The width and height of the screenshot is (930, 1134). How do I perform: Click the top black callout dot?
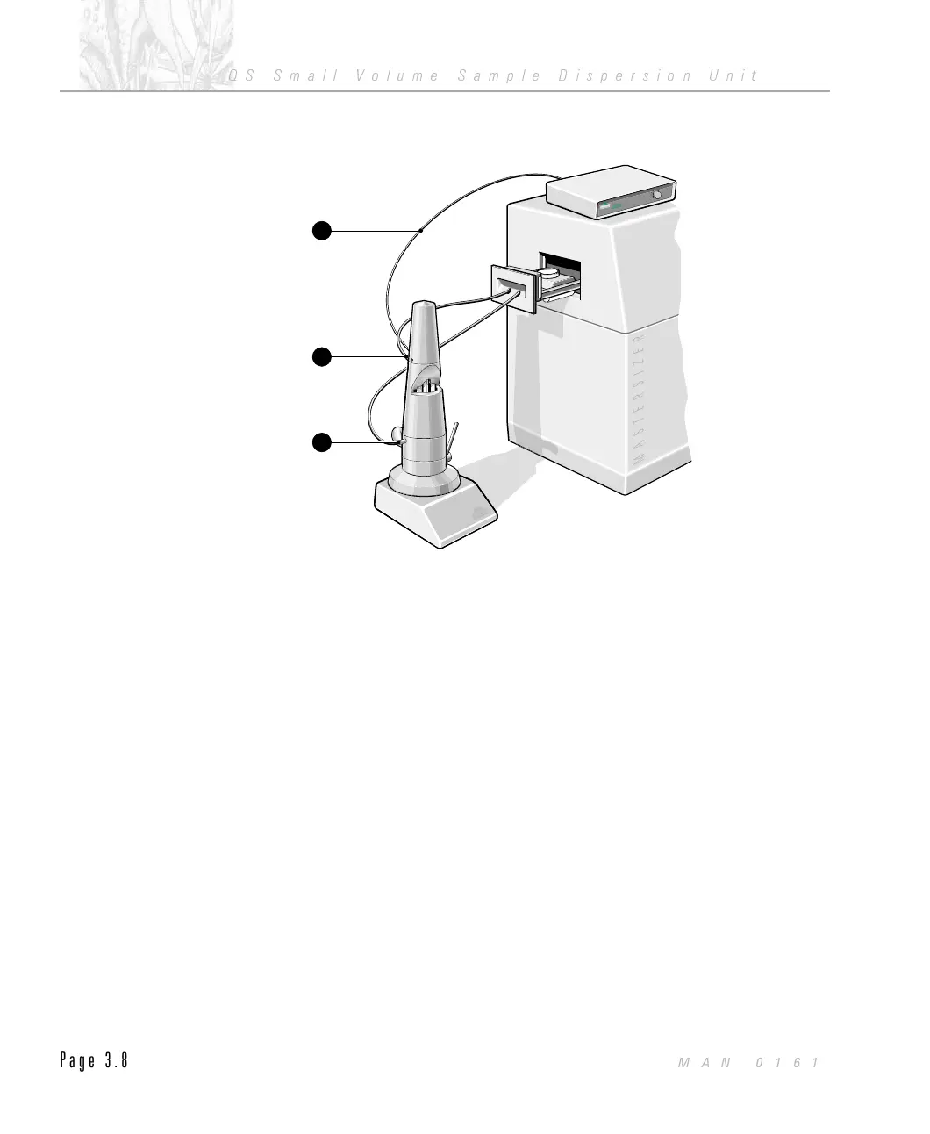[323, 231]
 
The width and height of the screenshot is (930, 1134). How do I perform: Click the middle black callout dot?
[323, 356]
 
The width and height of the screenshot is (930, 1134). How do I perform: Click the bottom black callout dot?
[323, 441]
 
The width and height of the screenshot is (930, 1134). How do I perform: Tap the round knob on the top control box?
[657, 195]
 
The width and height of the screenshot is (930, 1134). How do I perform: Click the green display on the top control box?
[618, 206]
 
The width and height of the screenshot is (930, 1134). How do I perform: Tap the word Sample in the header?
[498, 75]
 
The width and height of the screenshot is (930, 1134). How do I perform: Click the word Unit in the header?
[732, 75]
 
